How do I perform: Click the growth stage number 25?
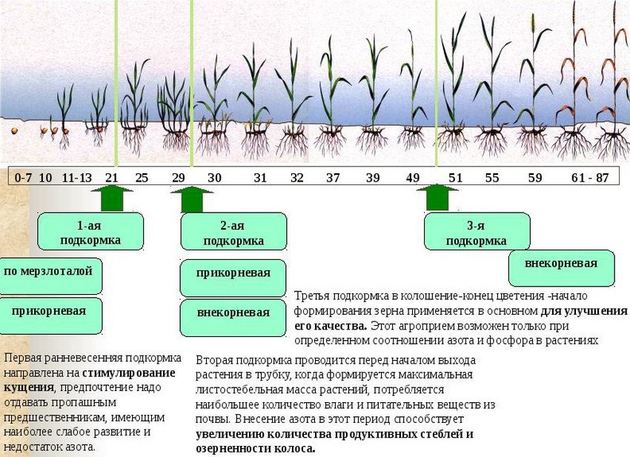tap(142, 178)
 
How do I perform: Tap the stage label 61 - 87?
tap(590, 178)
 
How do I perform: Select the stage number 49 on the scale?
tap(413, 178)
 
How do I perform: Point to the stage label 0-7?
tap(23, 178)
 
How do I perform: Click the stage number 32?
tap(297, 178)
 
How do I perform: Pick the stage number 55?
tap(492, 178)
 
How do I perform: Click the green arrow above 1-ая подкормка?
tap(112, 198)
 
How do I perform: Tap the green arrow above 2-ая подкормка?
tap(192, 199)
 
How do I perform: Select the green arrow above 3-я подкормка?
tap(437, 197)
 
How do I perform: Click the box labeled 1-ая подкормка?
tap(90, 232)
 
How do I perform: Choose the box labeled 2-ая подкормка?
tap(233, 232)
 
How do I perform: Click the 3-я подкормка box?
tap(477, 232)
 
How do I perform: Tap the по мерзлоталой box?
tap(50, 276)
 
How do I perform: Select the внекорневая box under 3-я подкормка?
tap(561, 268)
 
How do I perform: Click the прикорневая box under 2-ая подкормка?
tap(233, 278)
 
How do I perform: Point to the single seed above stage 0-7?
tap(15, 131)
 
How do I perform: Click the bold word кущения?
tap(28, 387)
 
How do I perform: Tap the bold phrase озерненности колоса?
tap(256, 449)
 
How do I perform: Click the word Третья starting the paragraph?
tap(312, 296)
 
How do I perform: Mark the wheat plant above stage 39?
tap(374, 94)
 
